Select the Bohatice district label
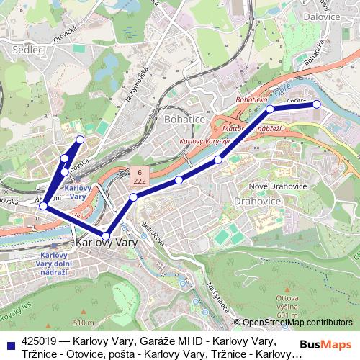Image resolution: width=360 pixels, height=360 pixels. (x=185, y=118)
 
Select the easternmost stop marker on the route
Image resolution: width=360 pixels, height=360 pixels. (x=315, y=104)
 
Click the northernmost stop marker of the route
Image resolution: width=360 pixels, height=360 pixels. (x=80, y=139)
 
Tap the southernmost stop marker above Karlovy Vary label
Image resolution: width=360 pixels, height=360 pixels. (x=106, y=235)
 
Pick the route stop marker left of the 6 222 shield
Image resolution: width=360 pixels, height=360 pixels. (x=133, y=197)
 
